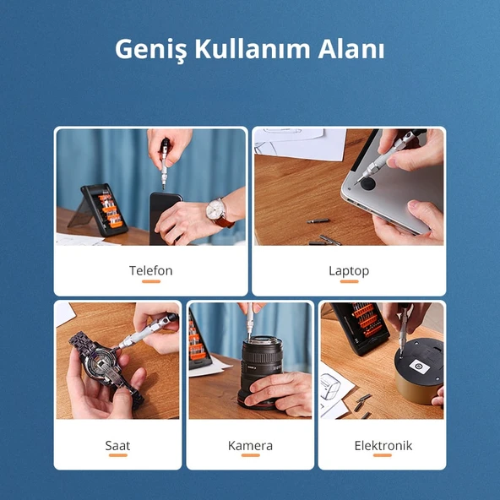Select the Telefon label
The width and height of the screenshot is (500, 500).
[x=150, y=270]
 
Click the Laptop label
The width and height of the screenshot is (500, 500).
[x=349, y=270]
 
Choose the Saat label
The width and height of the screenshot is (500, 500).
[x=117, y=445]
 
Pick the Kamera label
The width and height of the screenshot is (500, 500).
[x=250, y=445]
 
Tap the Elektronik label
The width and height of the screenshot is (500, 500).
[x=383, y=445]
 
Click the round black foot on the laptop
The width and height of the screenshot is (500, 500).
[x=369, y=180]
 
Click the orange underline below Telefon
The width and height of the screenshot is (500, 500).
[x=150, y=282]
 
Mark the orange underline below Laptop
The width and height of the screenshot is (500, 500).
[x=349, y=282]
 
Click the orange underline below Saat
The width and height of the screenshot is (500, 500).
[x=117, y=456]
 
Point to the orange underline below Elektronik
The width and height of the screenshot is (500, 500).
[x=383, y=456]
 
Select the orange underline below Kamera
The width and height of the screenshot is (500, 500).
[x=250, y=456]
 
